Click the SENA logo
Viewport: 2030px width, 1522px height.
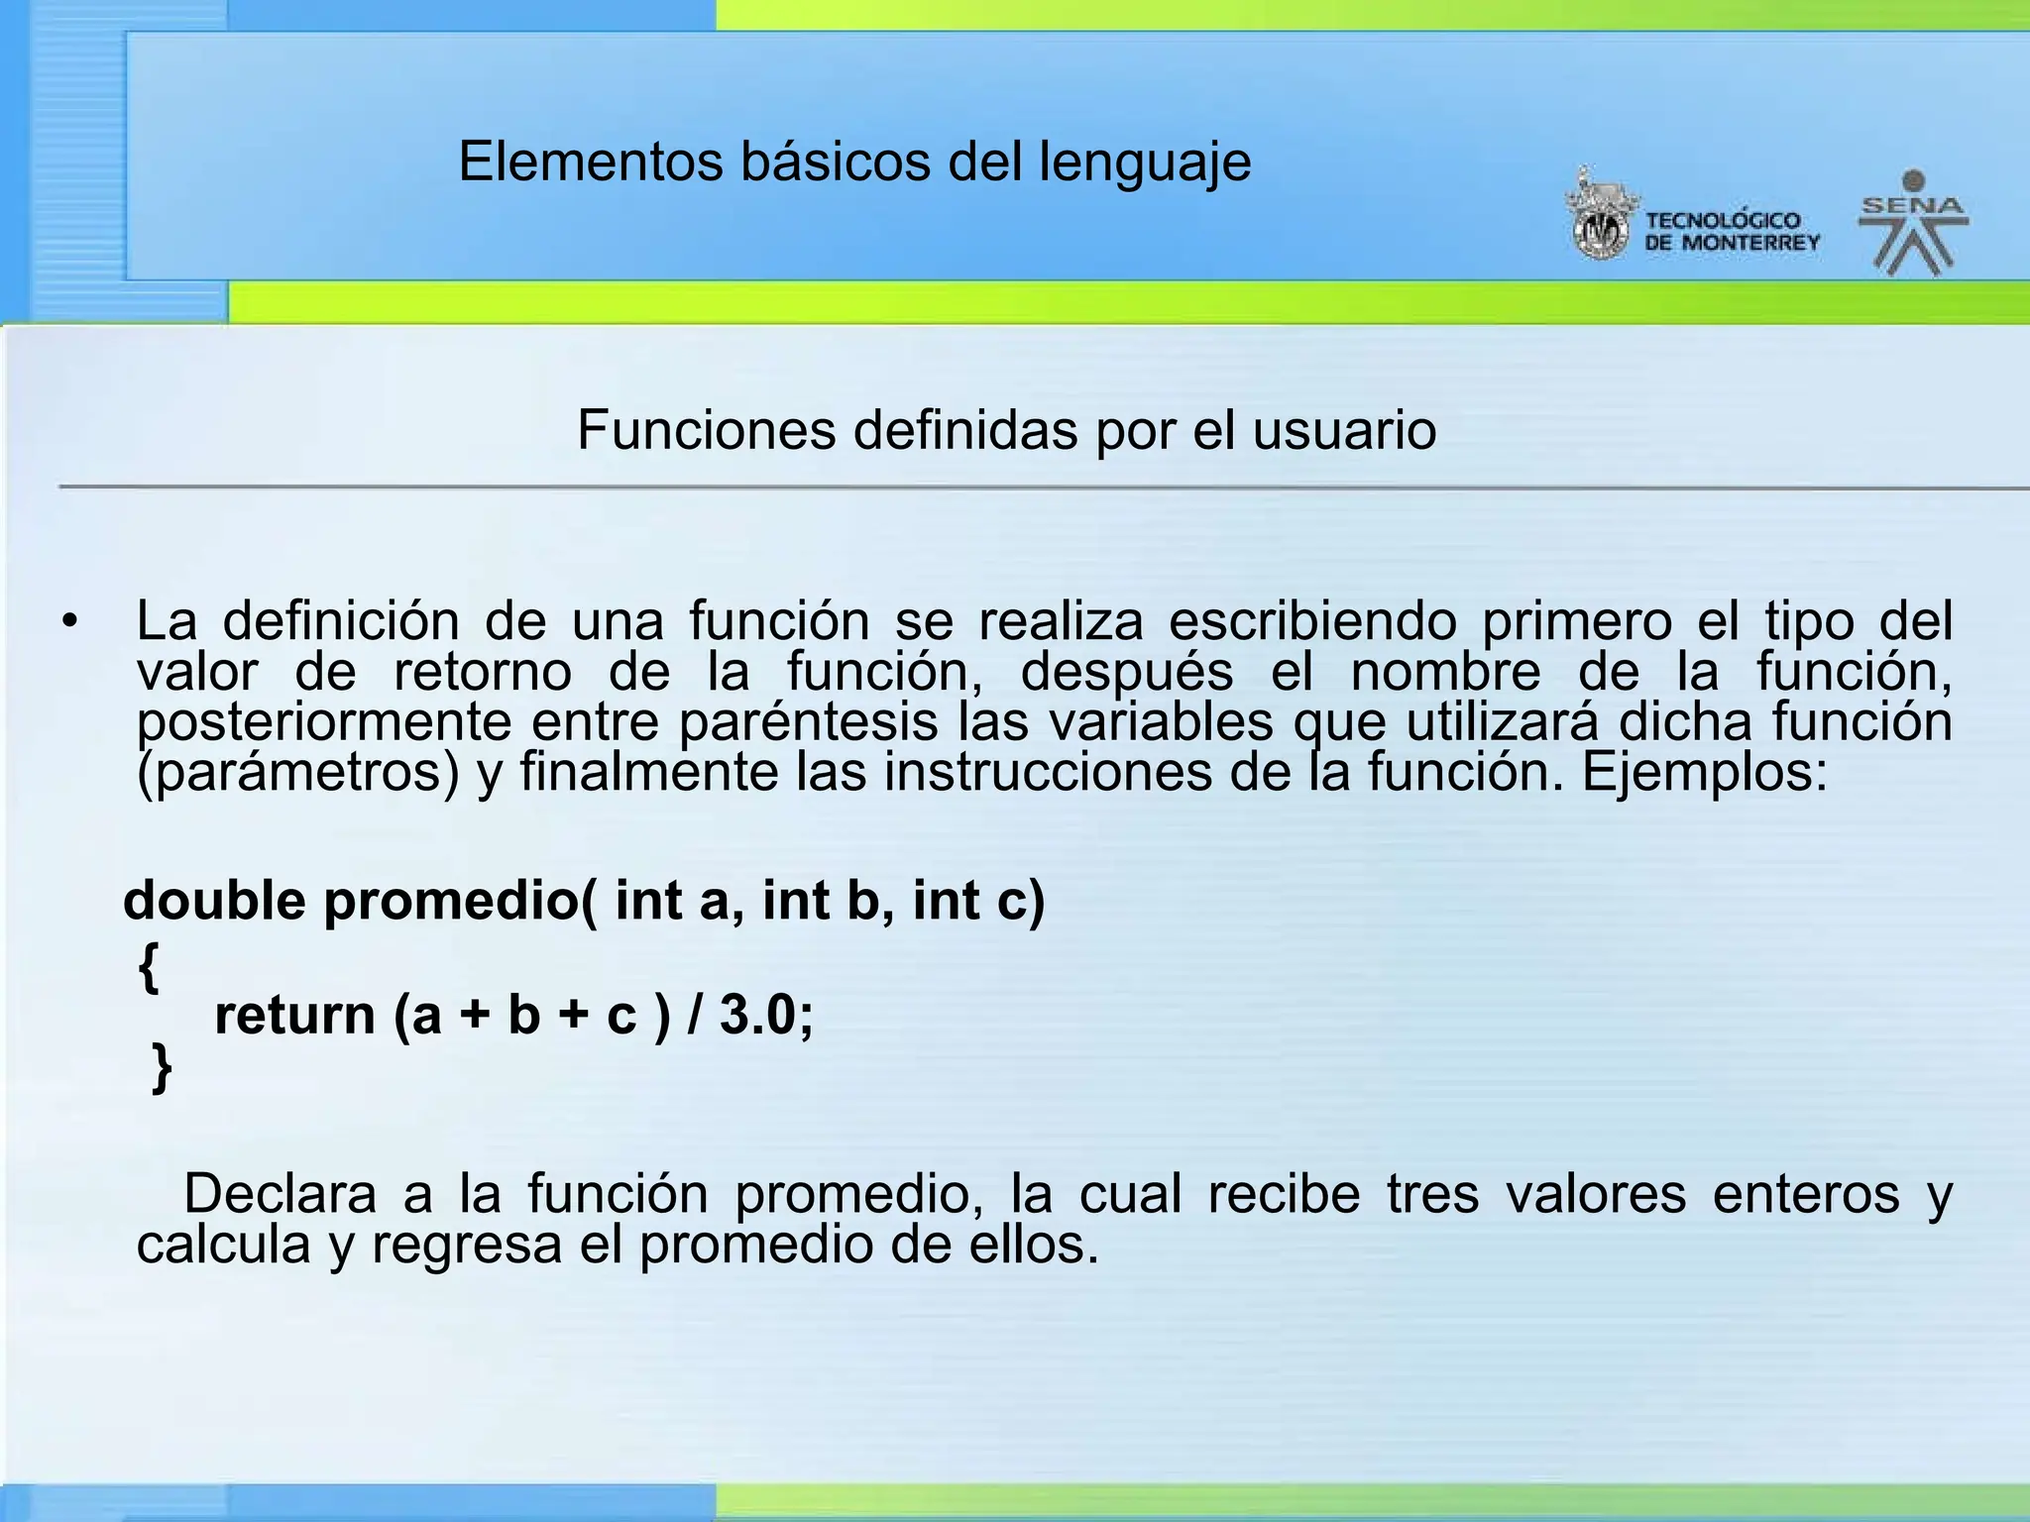point(1913,223)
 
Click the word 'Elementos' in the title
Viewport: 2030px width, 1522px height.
point(591,162)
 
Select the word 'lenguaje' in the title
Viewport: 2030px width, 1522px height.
point(1145,163)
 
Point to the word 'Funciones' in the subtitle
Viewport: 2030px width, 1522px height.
point(706,430)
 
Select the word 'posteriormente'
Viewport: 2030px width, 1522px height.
point(324,722)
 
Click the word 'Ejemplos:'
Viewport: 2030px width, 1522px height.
point(1704,772)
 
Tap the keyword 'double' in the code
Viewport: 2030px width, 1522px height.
point(214,901)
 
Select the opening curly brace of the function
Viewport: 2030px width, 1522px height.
point(149,966)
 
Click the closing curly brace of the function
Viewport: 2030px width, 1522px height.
point(162,1067)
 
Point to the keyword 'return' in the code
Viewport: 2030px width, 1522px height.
point(295,1016)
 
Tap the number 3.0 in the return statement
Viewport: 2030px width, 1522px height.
point(758,1015)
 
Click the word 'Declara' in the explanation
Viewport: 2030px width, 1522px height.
point(280,1193)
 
